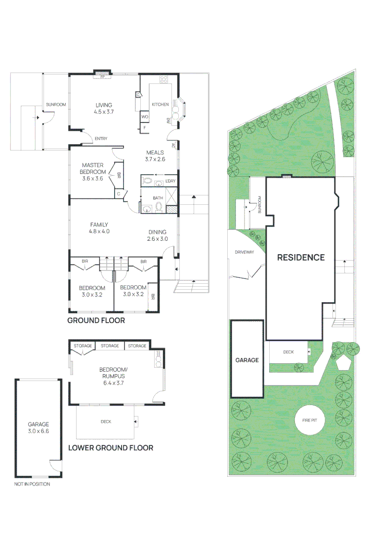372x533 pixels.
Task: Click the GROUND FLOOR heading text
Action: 96,320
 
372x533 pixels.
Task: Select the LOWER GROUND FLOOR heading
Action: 110,448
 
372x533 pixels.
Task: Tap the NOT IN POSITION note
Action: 32,484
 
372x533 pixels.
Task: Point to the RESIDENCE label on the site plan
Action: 300,257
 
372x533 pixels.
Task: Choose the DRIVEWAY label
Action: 244,252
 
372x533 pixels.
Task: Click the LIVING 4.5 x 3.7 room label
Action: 104,109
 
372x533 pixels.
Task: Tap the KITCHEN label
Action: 160,105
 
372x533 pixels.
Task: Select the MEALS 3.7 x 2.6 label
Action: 155,156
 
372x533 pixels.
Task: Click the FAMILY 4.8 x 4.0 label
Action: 99,228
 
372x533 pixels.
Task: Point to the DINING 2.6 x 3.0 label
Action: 158,235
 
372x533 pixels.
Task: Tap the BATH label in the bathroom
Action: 158,198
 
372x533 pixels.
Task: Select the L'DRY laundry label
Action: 170,181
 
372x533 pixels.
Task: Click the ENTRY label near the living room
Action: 100,139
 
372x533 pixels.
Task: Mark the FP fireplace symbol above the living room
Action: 103,77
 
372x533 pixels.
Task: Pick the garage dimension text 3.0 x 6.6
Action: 38,431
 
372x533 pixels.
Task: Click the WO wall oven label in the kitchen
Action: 145,116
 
